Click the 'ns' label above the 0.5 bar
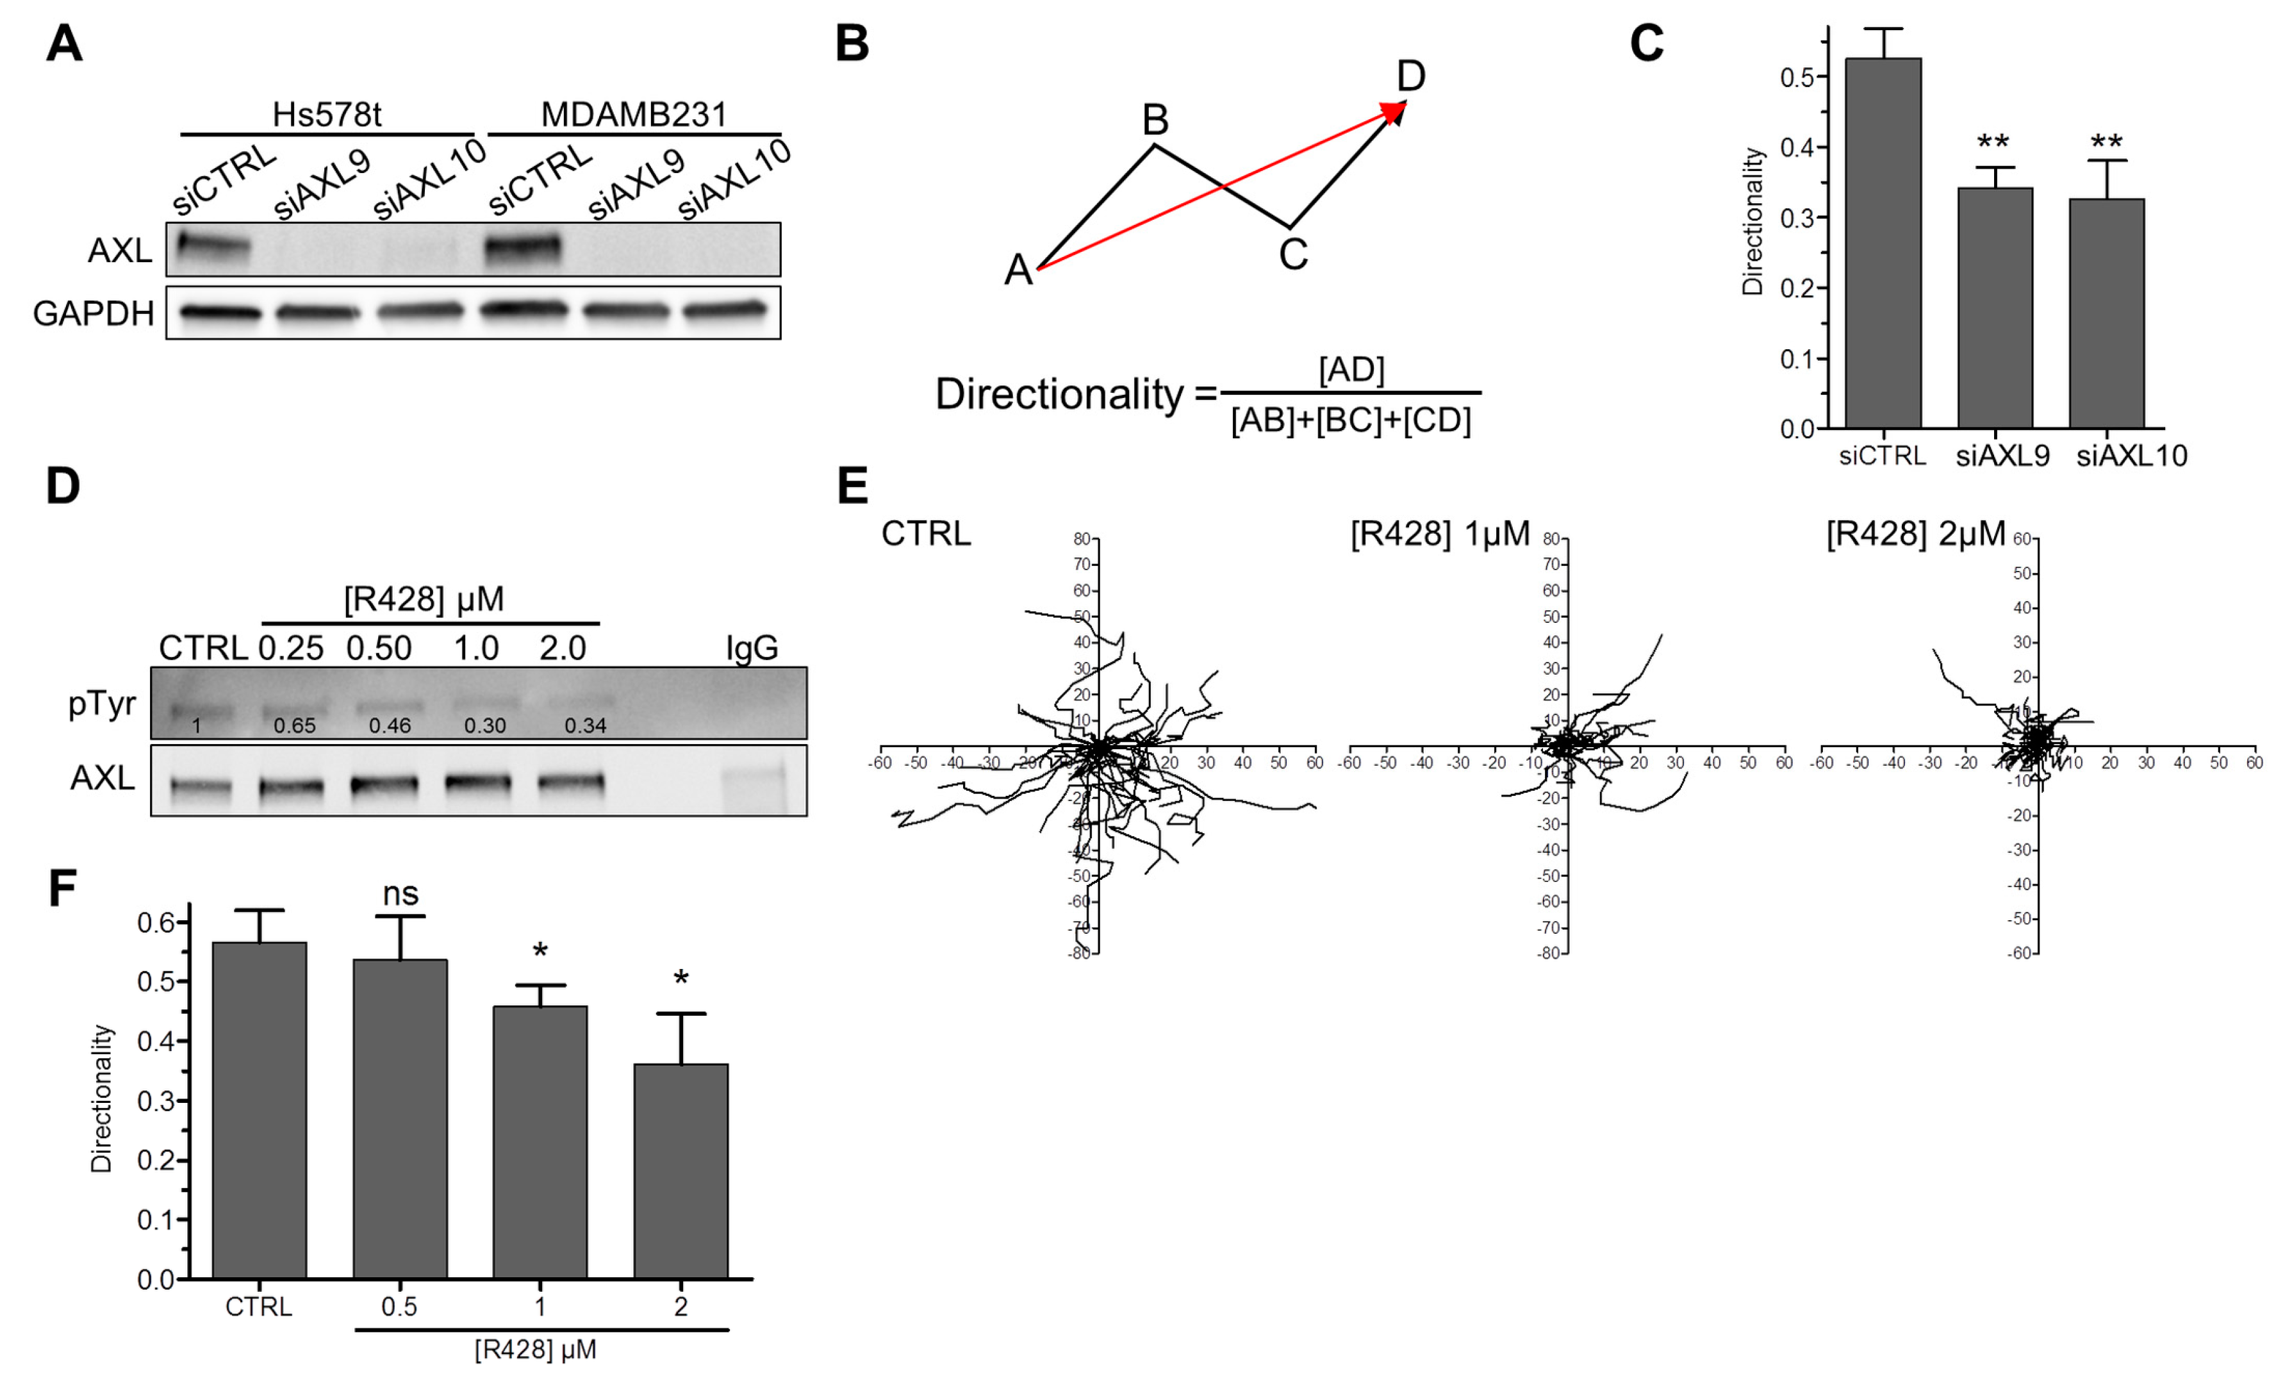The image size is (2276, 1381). (400, 894)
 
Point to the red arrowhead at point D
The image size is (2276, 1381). (1394, 111)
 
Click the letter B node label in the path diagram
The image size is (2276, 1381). (1155, 119)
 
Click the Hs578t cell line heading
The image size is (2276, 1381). (326, 115)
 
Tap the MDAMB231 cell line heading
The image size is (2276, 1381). (634, 115)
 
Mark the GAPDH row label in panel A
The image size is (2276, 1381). (94, 314)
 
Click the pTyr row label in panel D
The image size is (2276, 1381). (102, 704)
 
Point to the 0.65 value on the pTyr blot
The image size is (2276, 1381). (295, 726)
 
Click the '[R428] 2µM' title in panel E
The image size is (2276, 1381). (1915, 534)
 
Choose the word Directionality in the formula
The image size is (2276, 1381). (1059, 395)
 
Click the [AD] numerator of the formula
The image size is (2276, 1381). (1351, 370)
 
